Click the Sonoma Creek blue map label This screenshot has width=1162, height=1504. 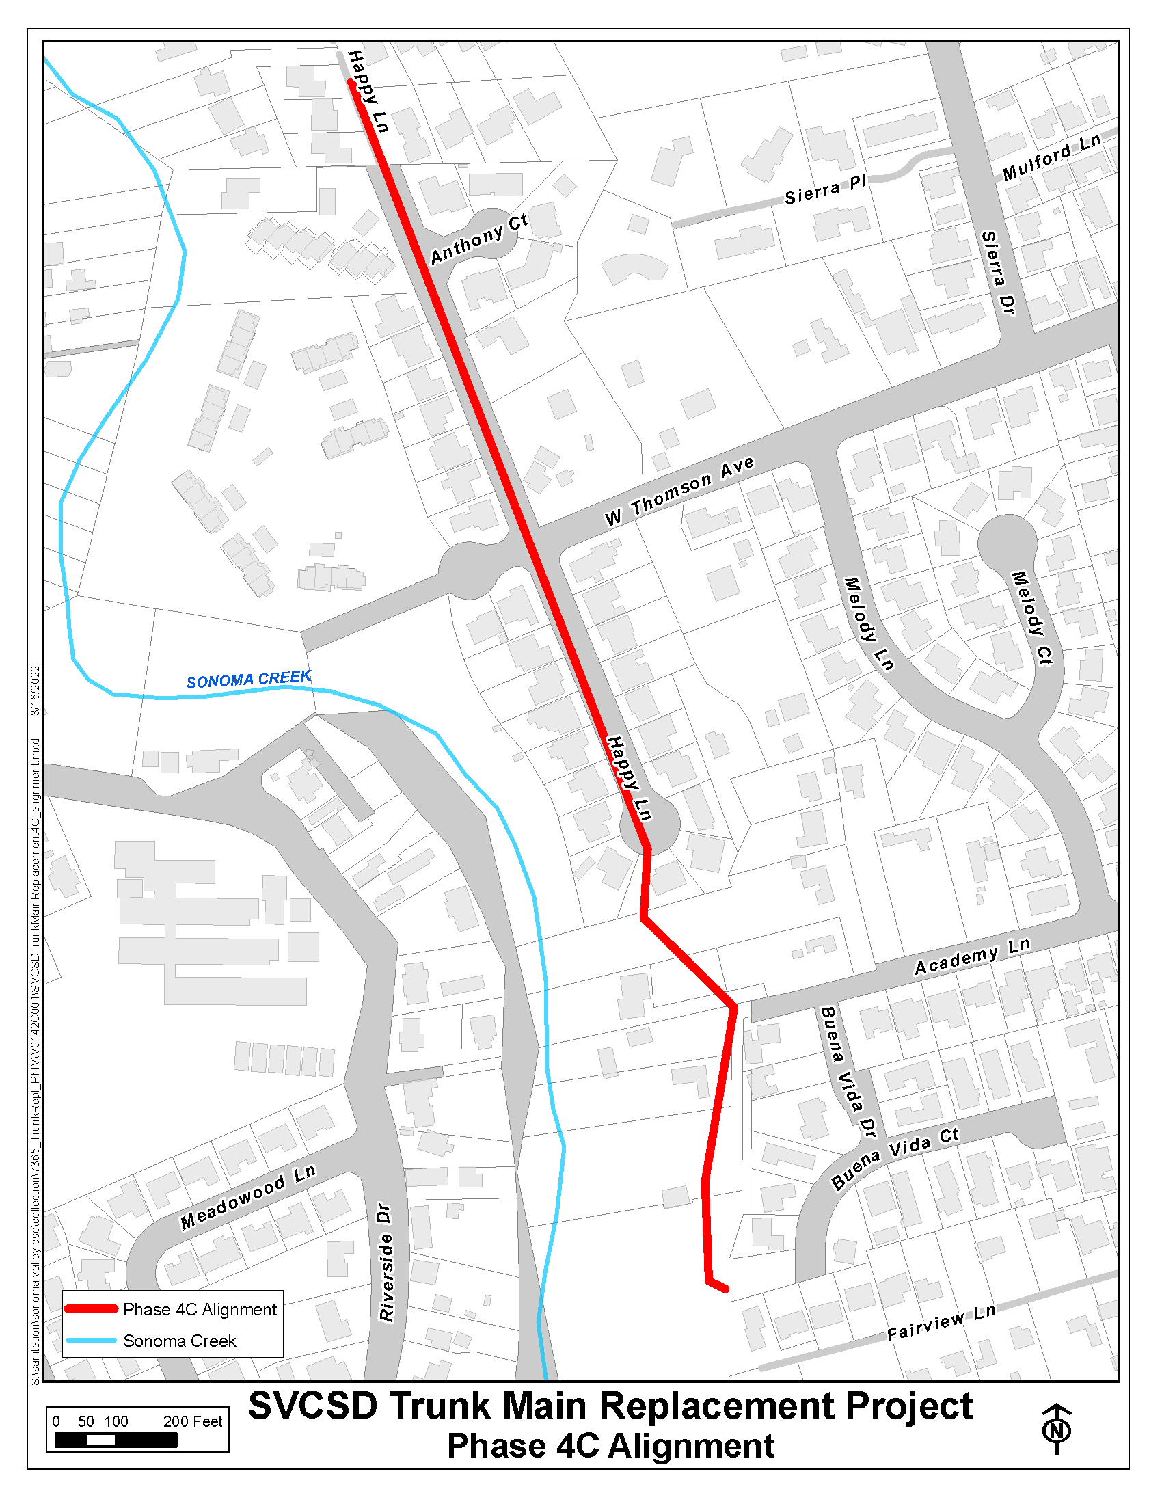click(249, 680)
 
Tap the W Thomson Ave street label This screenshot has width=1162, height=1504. click(679, 491)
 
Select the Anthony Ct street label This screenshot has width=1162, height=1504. click(479, 239)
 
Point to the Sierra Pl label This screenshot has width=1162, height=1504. click(826, 190)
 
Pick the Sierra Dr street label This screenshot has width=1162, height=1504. click(998, 273)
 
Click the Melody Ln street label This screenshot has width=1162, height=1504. click(869, 624)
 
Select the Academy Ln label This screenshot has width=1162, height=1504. click(972, 956)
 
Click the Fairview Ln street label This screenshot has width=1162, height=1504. click(941, 1323)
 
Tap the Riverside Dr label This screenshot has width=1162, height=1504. click(386, 1261)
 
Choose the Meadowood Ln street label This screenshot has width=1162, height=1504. click(248, 1197)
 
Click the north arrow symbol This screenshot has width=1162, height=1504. click(1057, 1429)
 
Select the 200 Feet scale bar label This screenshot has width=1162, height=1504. click(193, 1421)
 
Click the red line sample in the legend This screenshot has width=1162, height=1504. click(91, 1308)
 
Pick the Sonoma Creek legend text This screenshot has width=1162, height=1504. click(179, 1340)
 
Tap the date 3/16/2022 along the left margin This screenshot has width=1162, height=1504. click(35, 690)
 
